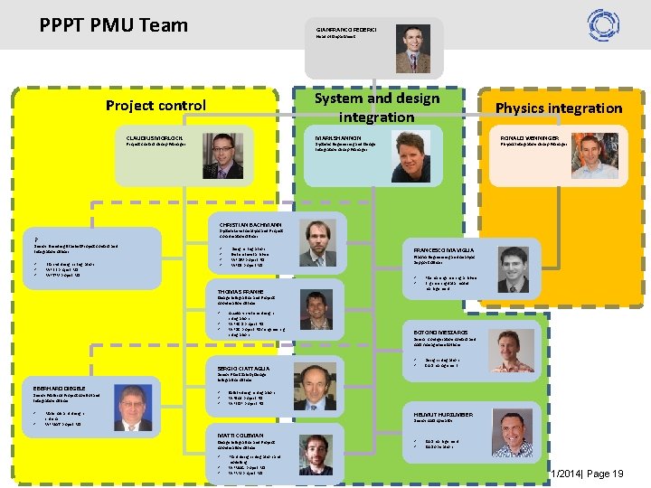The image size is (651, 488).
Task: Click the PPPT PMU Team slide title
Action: tap(114, 24)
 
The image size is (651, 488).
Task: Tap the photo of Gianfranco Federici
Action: tap(412, 49)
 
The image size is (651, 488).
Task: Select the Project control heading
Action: tap(156, 106)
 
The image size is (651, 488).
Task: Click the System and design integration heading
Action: tap(376, 107)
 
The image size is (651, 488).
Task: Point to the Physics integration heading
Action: tap(558, 108)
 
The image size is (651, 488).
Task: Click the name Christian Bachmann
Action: tap(250, 224)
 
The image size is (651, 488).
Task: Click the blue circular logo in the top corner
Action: tap(603, 23)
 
